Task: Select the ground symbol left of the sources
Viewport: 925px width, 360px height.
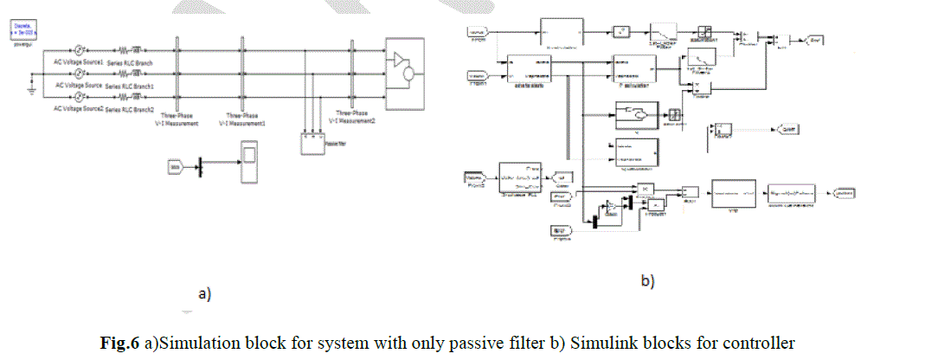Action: [x=31, y=89]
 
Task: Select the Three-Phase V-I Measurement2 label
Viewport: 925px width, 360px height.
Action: [x=357, y=117]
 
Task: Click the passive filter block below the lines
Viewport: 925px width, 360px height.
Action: [x=313, y=143]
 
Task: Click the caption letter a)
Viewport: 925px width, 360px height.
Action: [x=205, y=294]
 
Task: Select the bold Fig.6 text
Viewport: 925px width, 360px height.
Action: [x=119, y=344]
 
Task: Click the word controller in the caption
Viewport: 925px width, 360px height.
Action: [x=761, y=344]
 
